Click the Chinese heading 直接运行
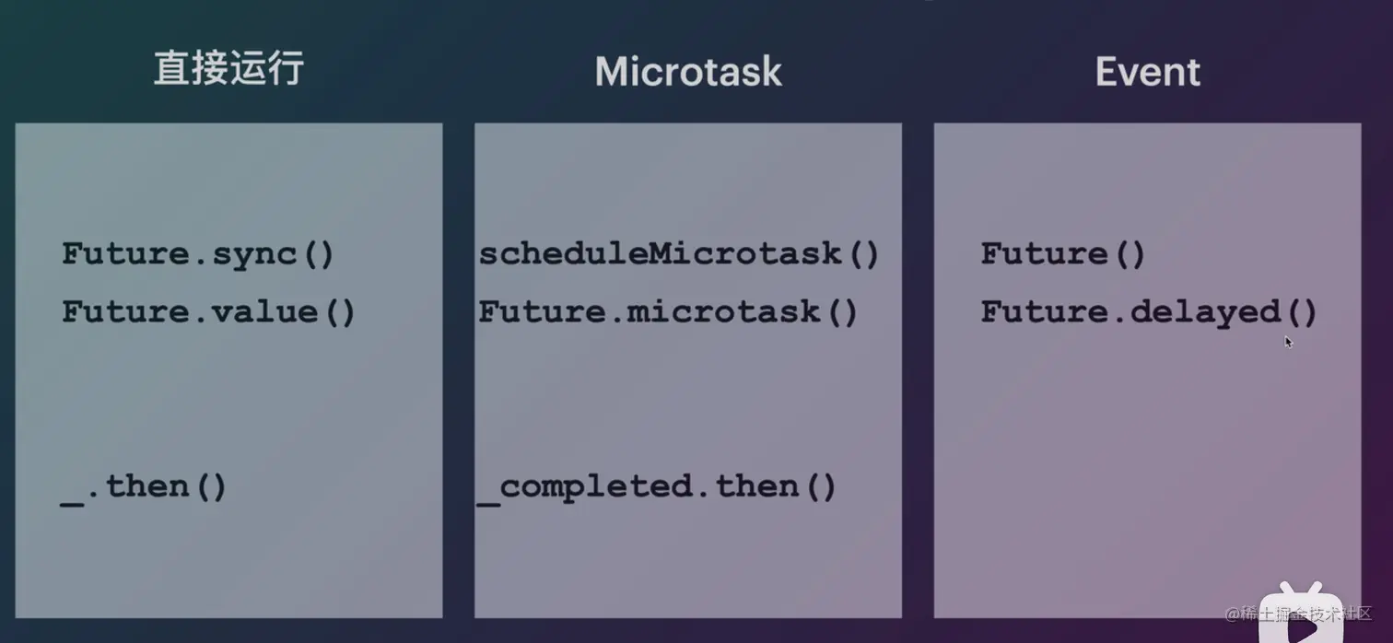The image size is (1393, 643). [228, 68]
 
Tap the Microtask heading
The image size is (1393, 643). [688, 72]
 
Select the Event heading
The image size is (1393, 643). [1147, 72]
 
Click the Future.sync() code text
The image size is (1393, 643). [198, 254]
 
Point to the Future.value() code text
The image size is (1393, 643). [207, 311]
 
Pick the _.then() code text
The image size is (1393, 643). [143, 487]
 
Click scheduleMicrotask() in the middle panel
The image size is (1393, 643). [678, 253]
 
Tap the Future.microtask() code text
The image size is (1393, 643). [668, 311]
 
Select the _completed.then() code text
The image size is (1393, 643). [657, 487]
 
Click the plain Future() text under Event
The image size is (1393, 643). [1063, 253]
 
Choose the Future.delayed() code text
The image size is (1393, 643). [1149, 312]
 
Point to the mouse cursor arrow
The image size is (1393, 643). [1289, 342]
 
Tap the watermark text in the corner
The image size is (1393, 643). [1298, 614]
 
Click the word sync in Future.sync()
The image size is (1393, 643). [254, 255]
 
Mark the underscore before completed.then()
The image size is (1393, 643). [488, 502]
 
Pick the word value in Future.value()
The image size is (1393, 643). [265, 311]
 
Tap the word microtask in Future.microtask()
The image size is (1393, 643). [723, 311]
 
